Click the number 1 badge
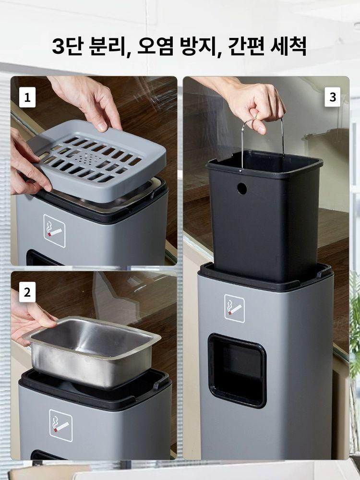tap(27, 97)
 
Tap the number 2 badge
tap(27, 292)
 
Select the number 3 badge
tap(333, 97)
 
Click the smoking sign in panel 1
tap(55, 231)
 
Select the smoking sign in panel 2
tap(61, 425)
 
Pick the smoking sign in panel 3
tap(235, 308)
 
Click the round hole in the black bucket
tap(242, 189)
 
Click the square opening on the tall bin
tap(237, 371)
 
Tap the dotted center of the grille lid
tap(91, 158)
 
